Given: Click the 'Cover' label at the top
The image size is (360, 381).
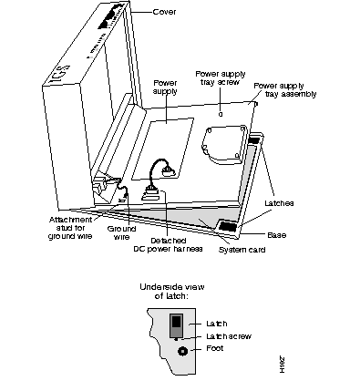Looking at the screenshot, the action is [164, 12].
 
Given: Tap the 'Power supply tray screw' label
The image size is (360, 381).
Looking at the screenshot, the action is [221, 78].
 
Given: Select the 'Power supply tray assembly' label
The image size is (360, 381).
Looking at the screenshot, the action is [285, 90].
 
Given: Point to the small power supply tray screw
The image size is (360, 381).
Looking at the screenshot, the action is [221, 114].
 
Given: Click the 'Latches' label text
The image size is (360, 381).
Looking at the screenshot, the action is [279, 203].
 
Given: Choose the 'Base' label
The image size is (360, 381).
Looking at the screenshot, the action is [276, 235].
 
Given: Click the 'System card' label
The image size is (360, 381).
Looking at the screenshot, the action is [242, 250].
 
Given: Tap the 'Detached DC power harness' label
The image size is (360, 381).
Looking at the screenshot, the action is [168, 245].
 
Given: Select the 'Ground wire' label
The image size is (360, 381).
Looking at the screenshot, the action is [121, 232].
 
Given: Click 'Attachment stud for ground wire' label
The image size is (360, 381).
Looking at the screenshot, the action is [70, 228].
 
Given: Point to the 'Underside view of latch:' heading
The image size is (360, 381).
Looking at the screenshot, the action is [172, 291].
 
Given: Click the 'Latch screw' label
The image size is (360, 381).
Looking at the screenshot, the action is [229, 336].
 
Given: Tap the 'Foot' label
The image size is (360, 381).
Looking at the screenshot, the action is [214, 348].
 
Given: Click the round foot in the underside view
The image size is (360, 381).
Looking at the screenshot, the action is [182, 351].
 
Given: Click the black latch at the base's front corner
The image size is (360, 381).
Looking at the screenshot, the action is [227, 226].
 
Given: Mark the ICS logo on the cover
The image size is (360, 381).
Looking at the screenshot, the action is [58, 75].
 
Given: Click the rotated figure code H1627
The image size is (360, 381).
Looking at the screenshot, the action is [283, 365].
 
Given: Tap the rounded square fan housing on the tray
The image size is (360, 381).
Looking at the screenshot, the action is [223, 145].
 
